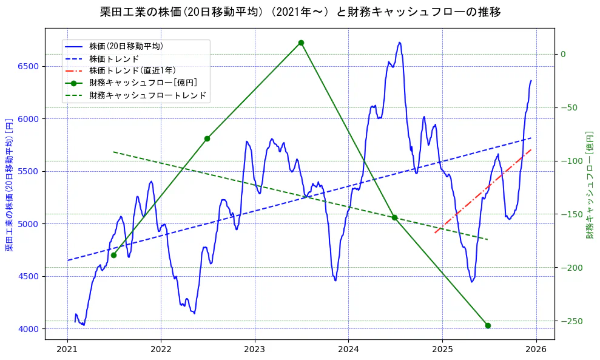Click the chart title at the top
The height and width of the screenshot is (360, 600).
point(300,12)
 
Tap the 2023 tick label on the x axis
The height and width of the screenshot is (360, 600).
point(255,350)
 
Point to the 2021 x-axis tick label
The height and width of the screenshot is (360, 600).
point(67,350)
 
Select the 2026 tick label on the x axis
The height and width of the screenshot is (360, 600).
point(536,350)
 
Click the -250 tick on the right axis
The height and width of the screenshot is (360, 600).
point(568,321)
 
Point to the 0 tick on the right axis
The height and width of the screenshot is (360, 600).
point(563,55)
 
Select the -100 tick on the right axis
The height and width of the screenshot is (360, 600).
point(568,161)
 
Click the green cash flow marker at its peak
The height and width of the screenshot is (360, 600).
point(301,42)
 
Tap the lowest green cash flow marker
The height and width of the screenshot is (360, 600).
point(488,325)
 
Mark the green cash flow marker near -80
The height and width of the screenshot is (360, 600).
point(207,138)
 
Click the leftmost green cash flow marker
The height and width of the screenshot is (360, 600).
point(113,255)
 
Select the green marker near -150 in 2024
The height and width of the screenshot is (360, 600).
point(394,217)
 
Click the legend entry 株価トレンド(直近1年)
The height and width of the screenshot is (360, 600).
point(132,70)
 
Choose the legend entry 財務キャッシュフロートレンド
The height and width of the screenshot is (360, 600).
point(147,95)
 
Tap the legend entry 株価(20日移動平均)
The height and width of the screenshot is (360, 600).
point(126,46)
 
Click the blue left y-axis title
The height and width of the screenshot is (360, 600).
point(9,185)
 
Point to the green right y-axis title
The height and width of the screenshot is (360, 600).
point(589,185)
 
